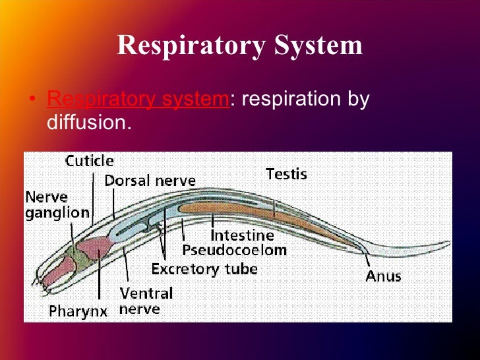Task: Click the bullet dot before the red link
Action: pos(33,101)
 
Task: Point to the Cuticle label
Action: pos(89,161)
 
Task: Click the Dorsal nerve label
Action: pos(150,180)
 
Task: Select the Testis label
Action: pos(286,174)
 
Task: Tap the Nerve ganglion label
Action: pos(57,204)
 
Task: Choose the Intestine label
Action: pos(242,235)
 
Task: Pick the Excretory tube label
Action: pos(204,269)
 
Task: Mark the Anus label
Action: pos(384,276)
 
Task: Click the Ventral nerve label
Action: pos(146,301)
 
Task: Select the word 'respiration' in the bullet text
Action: pos(291,100)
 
